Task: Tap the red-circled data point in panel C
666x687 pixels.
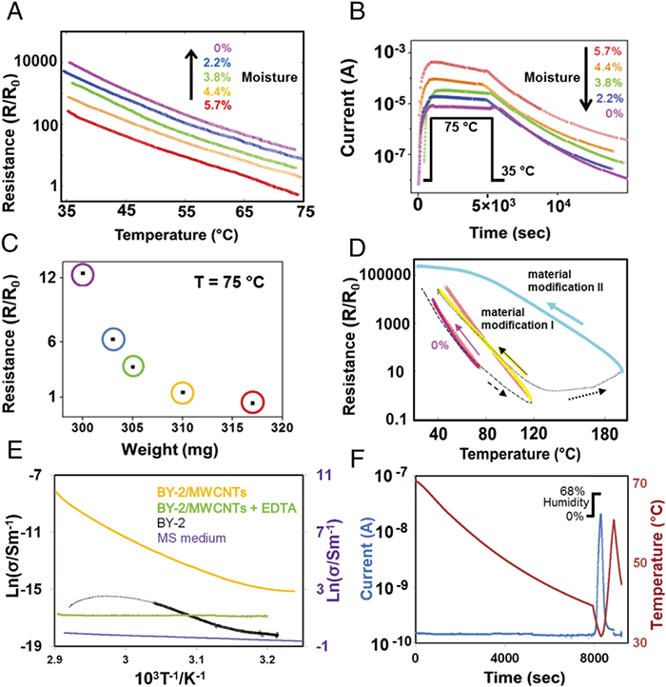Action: tap(252, 402)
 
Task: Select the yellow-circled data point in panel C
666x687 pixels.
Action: tap(184, 391)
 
